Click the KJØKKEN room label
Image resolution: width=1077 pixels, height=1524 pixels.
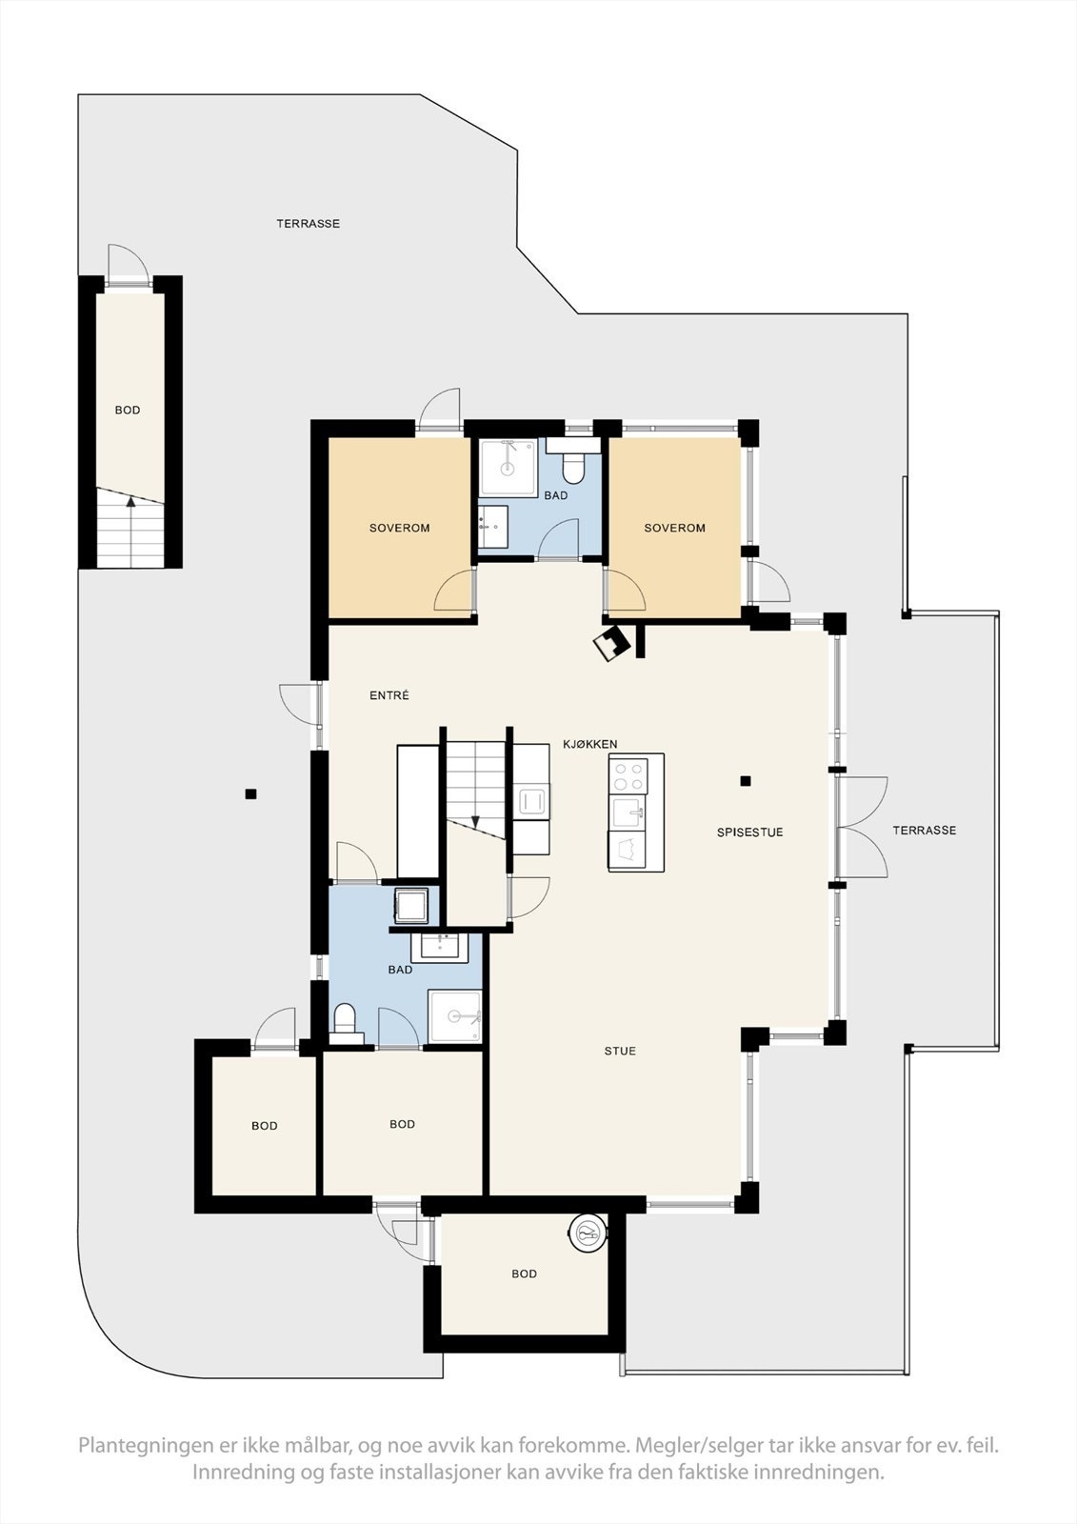(x=589, y=744)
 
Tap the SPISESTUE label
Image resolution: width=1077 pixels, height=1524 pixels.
(x=749, y=832)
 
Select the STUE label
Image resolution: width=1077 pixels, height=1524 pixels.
(x=619, y=1051)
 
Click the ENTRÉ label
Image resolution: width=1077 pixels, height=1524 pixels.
(x=389, y=695)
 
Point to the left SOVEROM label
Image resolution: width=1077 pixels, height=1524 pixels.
(x=399, y=528)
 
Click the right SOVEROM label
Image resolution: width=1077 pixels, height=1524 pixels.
(x=674, y=528)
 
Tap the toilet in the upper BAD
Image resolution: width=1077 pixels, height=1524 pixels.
(x=573, y=467)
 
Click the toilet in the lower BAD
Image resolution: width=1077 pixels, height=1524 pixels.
(x=345, y=1020)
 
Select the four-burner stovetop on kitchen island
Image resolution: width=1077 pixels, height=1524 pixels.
(x=628, y=774)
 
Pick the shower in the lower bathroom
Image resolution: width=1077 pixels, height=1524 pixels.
(x=455, y=1017)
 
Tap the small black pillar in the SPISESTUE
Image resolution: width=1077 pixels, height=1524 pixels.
(x=746, y=781)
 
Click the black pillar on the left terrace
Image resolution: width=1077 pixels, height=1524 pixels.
(x=250, y=793)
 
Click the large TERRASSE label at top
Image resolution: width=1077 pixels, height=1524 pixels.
(x=308, y=224)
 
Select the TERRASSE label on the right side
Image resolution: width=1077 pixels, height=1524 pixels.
(x=924, y=831)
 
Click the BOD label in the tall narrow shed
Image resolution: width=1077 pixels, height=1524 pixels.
(x=128, y=411)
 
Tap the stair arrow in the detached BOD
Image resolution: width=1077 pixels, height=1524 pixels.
(x=131, y=530)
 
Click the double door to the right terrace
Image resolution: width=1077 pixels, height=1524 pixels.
(x=862, y=827)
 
